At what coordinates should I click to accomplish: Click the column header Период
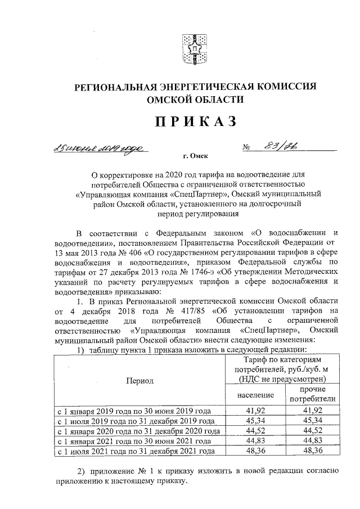(x=139, y=381)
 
